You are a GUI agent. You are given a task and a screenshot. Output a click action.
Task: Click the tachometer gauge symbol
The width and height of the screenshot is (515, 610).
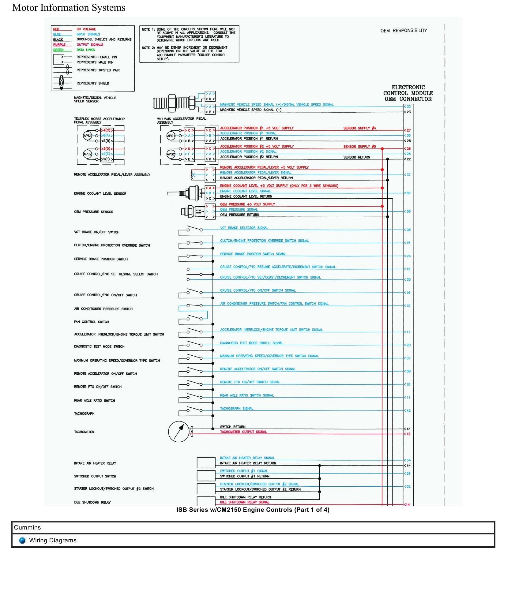[179, 432]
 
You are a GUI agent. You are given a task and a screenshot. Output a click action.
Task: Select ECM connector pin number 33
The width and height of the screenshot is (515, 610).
[408, 107]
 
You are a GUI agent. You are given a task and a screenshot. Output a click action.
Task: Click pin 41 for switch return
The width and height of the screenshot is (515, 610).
[408, 429]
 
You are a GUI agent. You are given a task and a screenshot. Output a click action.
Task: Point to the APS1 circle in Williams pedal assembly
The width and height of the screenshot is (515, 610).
[171, 136]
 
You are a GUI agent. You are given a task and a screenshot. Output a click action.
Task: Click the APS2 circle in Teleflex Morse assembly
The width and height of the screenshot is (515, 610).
[87, 154]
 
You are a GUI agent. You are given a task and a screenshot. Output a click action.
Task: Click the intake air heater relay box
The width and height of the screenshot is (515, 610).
[206, 463]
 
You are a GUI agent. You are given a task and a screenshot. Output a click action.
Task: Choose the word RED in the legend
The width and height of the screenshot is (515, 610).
[56, 29]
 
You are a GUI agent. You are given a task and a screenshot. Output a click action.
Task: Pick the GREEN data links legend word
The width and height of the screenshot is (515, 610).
[58, 50]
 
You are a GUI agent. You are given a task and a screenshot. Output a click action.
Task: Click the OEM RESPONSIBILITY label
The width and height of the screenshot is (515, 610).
[404, 31]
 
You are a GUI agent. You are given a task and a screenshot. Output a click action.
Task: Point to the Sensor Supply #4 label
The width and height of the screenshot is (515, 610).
[359, 128]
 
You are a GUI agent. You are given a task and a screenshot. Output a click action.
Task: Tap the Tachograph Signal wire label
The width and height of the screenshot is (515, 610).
[237, 408]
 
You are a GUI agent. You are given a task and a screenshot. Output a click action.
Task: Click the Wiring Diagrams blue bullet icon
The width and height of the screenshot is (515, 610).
[22, 540]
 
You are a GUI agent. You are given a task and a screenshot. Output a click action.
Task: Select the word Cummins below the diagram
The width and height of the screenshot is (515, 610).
[27, 527]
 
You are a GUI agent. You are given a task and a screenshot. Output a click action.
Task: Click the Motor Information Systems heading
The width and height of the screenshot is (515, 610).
[69, 8]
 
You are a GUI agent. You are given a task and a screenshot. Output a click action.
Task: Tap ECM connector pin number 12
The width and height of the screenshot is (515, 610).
[408, 434]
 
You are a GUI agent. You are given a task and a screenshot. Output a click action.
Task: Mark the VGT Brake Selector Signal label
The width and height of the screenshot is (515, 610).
[244, 228]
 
